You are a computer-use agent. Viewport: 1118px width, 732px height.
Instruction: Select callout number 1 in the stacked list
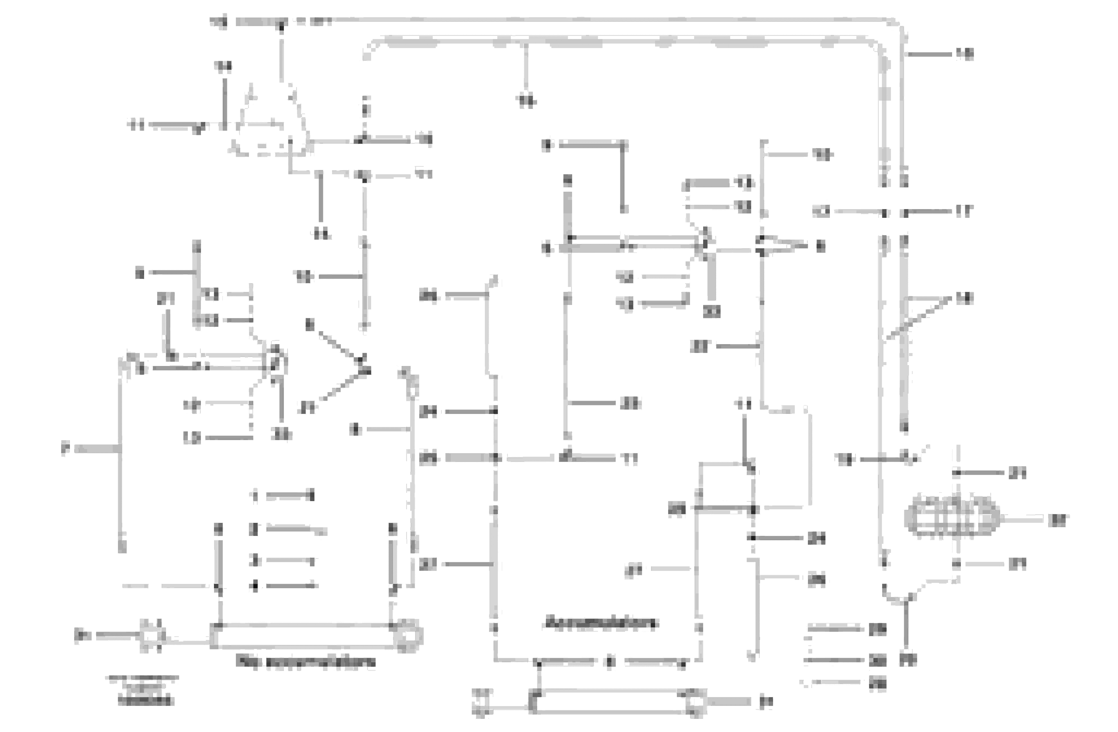point(255,496)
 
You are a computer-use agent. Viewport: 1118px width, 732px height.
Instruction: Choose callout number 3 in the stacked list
point(255,560)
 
